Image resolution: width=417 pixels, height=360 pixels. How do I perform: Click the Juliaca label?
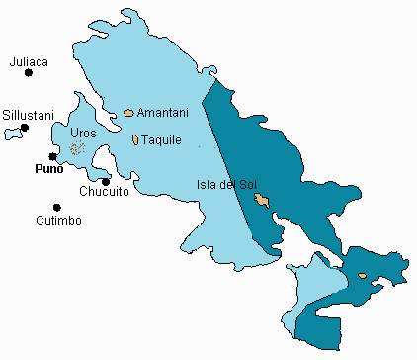(x=29, y=61)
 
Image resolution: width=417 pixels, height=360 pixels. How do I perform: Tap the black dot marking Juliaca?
(x=30, y=73)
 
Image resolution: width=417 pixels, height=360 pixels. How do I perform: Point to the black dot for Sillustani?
(x=25, y=128)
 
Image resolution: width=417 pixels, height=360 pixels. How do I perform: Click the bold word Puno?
(x=48, y=169)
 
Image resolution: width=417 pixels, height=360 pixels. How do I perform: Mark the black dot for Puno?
(x=52, y=156)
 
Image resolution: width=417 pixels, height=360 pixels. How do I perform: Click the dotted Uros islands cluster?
(x=75, y=149)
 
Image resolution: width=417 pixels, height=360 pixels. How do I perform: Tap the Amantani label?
(x=159, y=113)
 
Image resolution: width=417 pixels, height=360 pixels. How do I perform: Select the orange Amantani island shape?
(x=128, y=114)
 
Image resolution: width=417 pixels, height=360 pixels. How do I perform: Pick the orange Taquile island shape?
(x=134, y=139)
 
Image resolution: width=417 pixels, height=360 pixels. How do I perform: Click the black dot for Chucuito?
(x=105, y=181)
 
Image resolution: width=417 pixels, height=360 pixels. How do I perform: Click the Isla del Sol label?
(x=226, y=184)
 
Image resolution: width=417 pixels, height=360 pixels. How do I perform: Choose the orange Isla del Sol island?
(x=261, y=201)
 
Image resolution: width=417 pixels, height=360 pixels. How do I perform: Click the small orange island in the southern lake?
(x=363, y=276)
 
